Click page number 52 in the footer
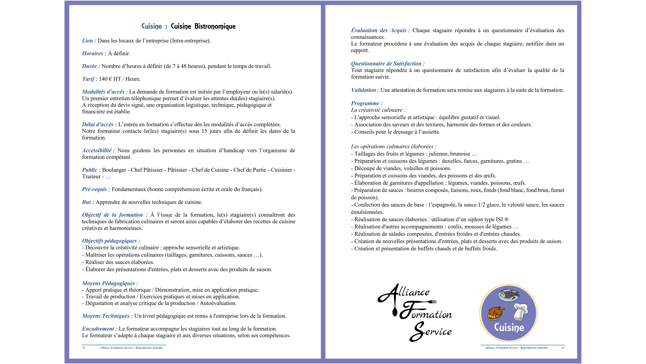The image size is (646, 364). click(x=84, y=348)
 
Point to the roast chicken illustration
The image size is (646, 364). click(x=496, y=313)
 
